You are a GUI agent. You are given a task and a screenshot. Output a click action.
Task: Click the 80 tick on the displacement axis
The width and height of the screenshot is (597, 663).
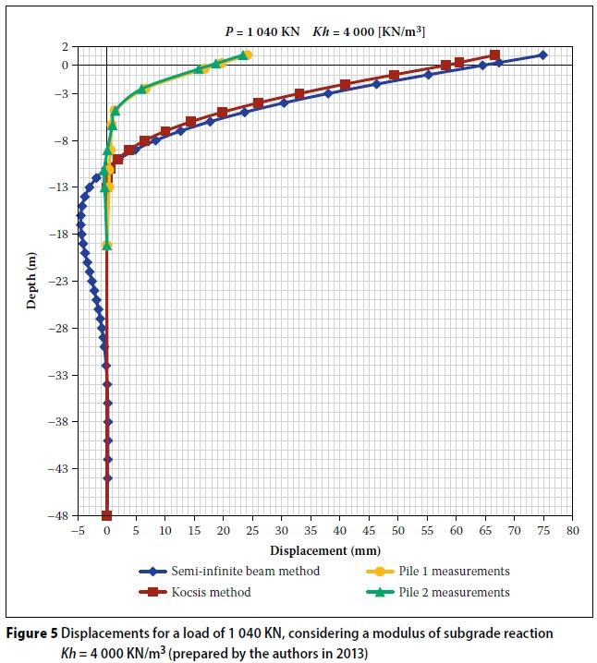pyautogui.click(x=572, y=531)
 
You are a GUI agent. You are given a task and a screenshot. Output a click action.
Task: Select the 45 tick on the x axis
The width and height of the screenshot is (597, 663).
pyautogui.click(x=369, y=531)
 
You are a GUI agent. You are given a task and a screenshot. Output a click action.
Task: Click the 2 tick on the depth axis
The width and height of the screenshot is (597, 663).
pyautogui.click(x=67, y=46)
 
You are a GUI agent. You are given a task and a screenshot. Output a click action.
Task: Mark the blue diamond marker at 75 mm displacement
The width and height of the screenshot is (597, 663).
pyautogui.click(x=542, y=55)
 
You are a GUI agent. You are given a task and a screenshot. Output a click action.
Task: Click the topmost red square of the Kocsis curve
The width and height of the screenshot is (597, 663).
pyautogui.click(x=494, y=55)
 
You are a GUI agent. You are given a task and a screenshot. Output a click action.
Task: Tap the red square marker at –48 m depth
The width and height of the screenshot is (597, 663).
pyautogui.click(x=106, y=515)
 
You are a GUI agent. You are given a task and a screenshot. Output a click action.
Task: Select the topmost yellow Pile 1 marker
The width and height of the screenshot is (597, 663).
pyautogui.click(x=248, y=55)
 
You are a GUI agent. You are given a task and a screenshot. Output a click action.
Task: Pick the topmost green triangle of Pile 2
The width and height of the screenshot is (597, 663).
pyautogui.click(x=243, y=55)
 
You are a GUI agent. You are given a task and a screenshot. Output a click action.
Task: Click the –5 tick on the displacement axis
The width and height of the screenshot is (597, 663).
pyautogui.click(x=79, y=531)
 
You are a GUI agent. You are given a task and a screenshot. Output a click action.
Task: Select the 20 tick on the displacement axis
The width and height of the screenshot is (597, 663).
pyautogui.click(x=223, y=531)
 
